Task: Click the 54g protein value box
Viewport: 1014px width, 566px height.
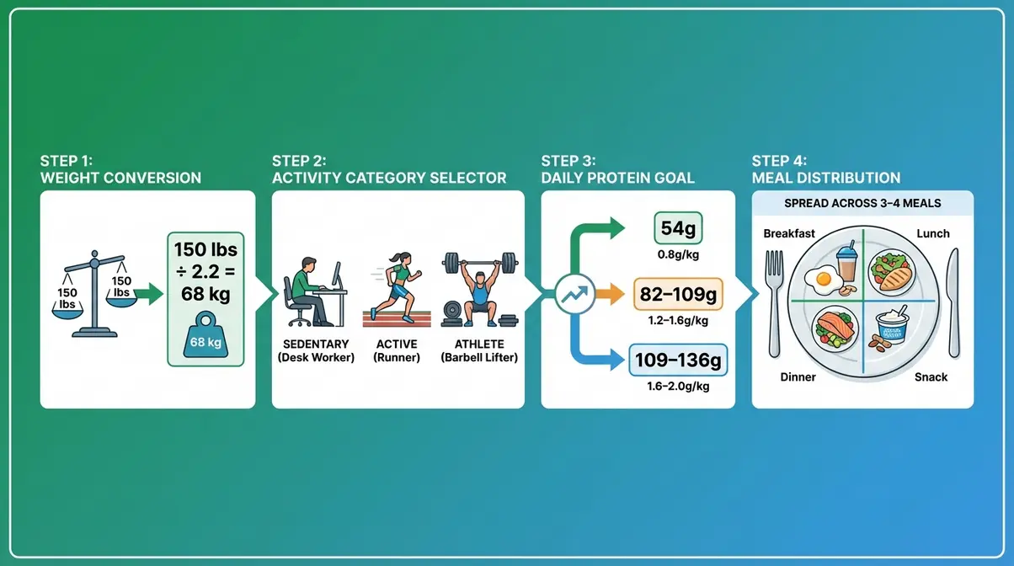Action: (x=678, y=229)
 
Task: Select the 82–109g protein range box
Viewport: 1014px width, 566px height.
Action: (x=678, y=294)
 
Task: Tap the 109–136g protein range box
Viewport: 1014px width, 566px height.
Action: (x=678, y=360)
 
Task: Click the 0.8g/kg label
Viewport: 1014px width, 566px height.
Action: (x=678, y=253)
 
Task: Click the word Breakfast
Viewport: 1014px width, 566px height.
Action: (x=789, y=233)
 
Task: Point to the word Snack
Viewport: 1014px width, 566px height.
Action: (x=931, y=377)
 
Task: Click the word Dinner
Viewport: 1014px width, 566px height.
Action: (x=798, y=377)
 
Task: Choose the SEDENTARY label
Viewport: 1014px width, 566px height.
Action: (x=317, y=344)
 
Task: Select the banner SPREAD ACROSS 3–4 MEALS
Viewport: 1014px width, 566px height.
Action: (x=862, y=204)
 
